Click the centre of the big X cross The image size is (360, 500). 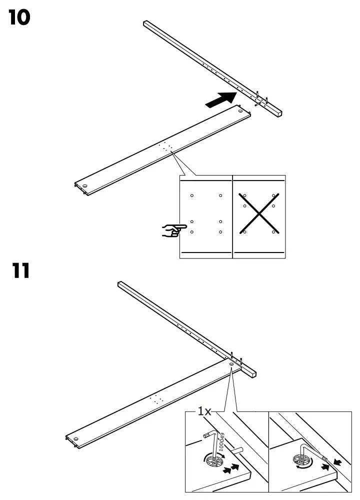[258, 213]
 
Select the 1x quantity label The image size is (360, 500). [203, 411]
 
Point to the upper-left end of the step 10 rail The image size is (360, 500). [146, 23]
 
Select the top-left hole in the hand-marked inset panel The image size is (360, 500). [192, 195]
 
